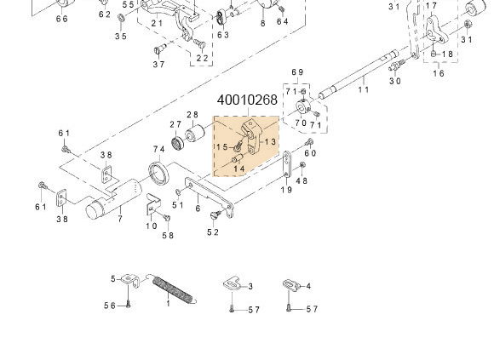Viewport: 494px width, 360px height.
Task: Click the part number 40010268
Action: [x=247, y=100]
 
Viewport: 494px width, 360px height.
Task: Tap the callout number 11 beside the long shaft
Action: [x=364, y=89]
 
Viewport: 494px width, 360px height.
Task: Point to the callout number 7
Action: [x=120, y=220]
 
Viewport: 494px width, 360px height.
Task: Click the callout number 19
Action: [x=287, y=190]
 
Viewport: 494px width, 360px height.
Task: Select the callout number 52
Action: [x=213, y=232]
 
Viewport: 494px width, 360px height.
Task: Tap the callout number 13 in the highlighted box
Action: [x=270, y=142]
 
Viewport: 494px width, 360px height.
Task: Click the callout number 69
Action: [x=297, y=72]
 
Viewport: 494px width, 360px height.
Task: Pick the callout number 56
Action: [x=110, y=306]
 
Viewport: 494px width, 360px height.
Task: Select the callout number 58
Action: [x=168, y=236]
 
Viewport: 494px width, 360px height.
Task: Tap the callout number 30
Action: [x=395, y=82]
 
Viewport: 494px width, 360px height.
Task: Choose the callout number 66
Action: [x=62, y=19]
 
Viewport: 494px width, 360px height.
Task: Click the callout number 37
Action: [x=159, y=65]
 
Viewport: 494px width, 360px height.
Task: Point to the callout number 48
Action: [x=302, y=180]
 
